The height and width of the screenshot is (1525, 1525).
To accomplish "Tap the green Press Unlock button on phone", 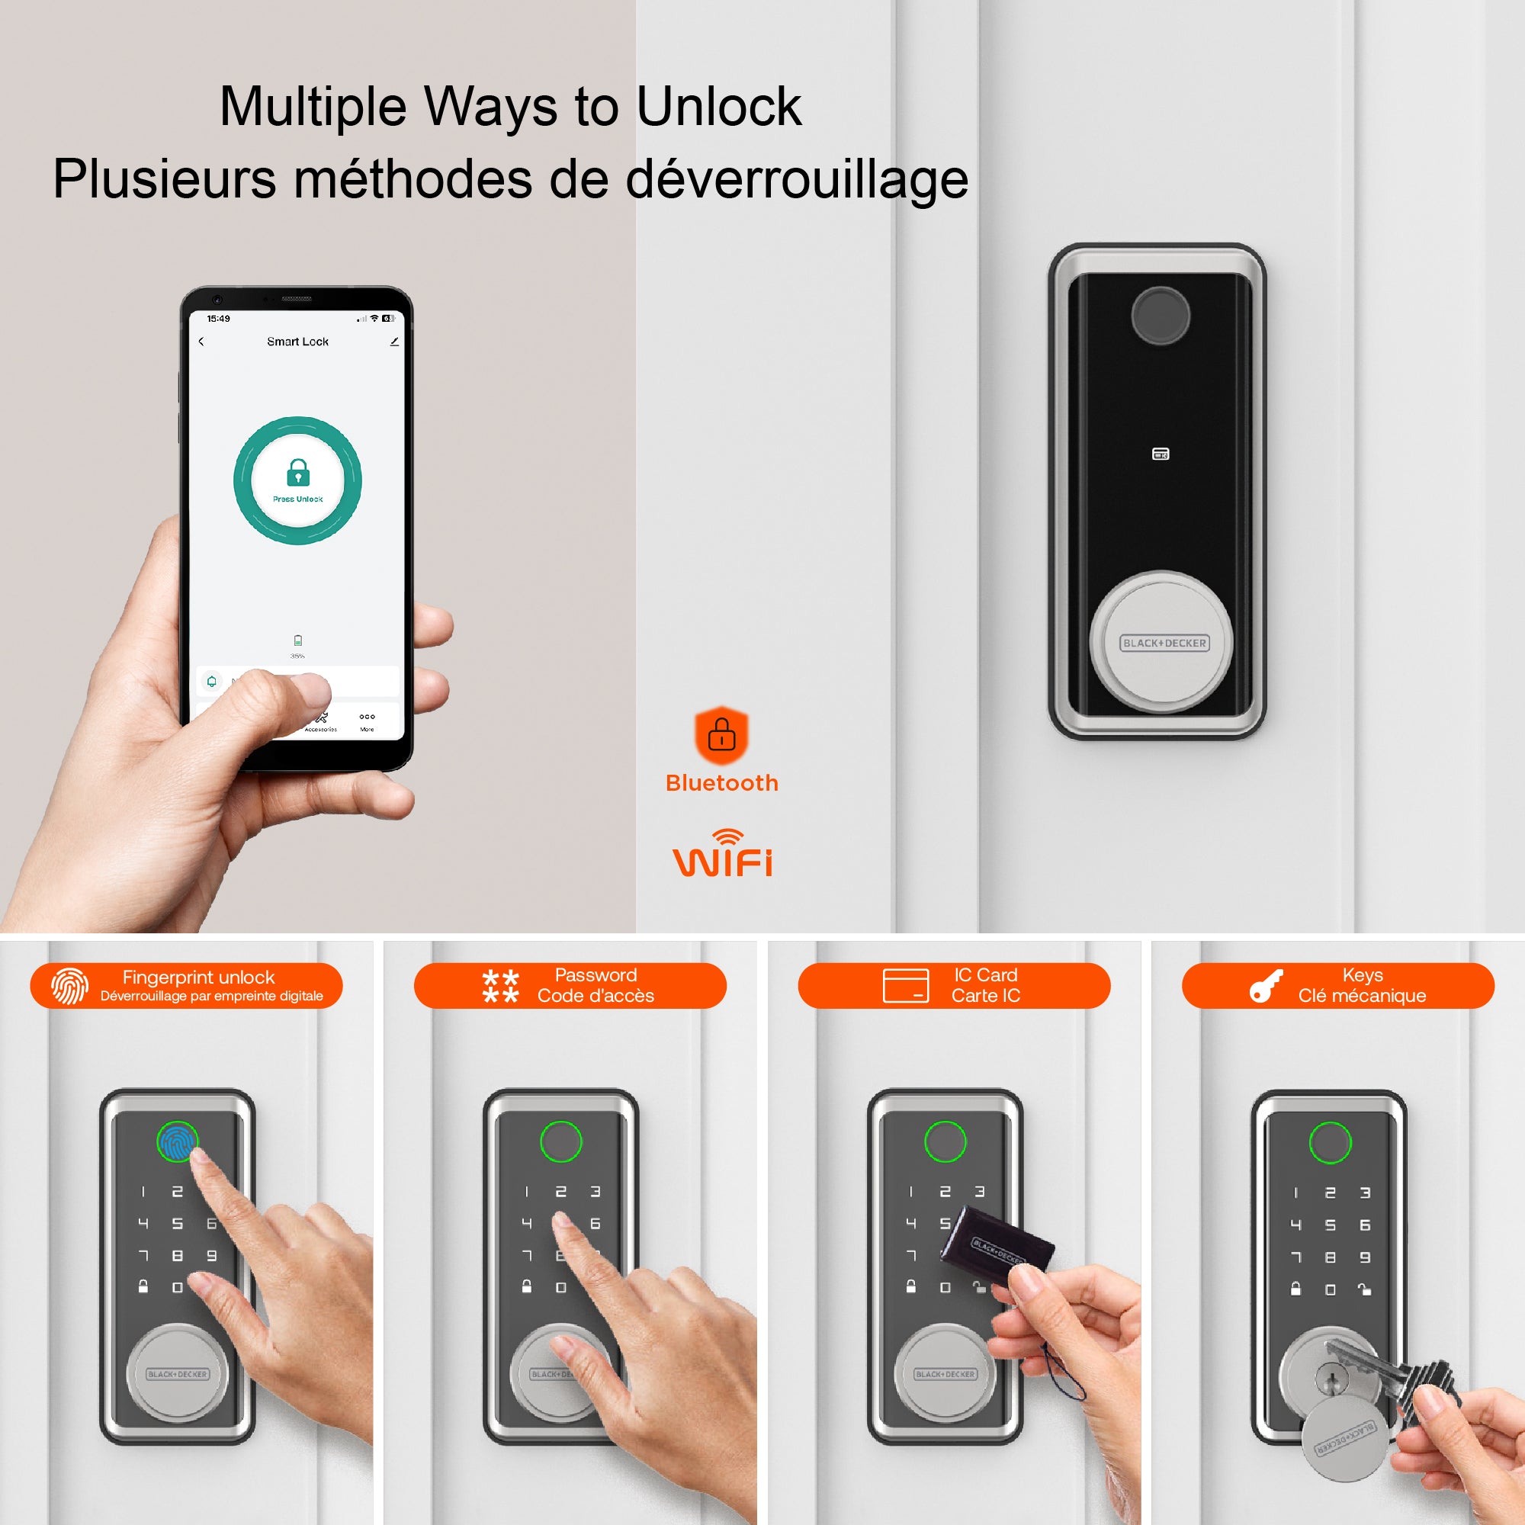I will tap(297, 480).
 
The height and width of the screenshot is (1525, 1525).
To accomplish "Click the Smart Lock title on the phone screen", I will tap(297, 341).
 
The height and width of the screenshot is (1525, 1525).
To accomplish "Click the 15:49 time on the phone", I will tap(218, 319).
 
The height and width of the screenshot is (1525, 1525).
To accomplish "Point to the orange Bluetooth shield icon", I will tap(721, 735).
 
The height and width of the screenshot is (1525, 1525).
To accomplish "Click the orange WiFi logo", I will tap(722, 855).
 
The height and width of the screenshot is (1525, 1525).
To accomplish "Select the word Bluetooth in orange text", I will tap(721, 783).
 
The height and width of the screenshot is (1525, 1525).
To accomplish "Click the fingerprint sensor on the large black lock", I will tap(1160, 316).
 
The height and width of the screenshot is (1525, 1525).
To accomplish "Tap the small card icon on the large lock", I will tap(1161, 454).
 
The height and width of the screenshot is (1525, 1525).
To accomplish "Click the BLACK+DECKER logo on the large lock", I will tap(1164, 644).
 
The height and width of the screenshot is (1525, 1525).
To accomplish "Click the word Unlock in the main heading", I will tap(718, 107).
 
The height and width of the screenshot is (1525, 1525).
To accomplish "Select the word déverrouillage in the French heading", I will tap(798, 179).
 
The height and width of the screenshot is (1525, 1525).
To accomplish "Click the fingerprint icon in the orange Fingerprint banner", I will tap(69, 986).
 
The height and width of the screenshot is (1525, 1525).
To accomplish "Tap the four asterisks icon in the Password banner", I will tap(500, 986).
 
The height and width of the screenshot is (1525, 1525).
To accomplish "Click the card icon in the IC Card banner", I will tap(905, 986).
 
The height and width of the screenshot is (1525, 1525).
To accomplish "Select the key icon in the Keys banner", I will tap(1265, 986).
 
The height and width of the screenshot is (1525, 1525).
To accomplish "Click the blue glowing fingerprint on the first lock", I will tap(177, 1141).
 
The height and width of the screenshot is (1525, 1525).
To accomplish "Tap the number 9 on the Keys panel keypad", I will tap(1365, 1257).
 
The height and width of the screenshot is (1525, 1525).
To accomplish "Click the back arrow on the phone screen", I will tap(201, 342).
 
